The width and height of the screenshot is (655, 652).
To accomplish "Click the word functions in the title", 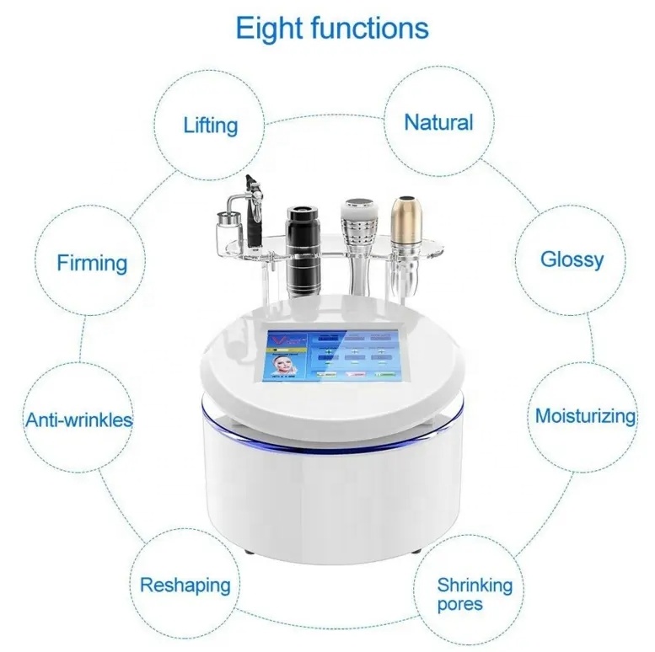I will tap(368, 29).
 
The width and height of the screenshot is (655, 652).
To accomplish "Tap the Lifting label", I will tap(211, 126).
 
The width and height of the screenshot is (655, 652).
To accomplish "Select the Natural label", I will tap(438, 122).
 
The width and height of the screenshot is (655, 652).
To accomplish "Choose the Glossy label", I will tap(572, 259).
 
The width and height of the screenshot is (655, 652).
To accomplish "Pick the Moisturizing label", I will tap(586, 415).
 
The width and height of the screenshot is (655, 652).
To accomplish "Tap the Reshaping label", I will tap(185, 585).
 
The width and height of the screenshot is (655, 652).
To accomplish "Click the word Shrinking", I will tap(475, 585).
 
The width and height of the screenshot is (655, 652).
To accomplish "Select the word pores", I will tap(459, 604).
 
